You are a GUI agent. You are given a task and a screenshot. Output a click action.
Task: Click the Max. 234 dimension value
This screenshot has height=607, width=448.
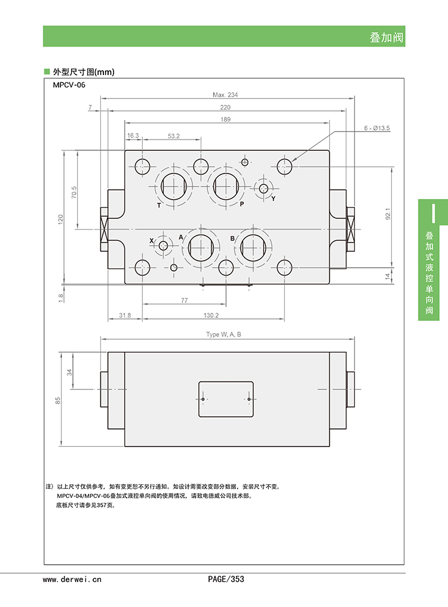click(x=225, y=95)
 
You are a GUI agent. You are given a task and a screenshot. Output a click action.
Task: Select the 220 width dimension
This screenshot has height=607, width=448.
click(x=225, y=107)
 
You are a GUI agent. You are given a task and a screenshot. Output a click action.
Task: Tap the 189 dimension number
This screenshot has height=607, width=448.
click(x=225, y=120)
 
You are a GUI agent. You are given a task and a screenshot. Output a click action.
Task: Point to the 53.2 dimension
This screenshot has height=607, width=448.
click(x=174, y=136)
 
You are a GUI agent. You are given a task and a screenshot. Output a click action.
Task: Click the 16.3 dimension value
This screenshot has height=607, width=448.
click(x=133, y=136)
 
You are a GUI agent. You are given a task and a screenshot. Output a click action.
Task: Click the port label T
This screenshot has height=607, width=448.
click(x=159, y=205)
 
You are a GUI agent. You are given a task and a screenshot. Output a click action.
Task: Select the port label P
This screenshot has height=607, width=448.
click(x=242, y=204)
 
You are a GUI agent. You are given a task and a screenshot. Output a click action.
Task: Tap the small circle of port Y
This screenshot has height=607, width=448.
click(x=263, y=188)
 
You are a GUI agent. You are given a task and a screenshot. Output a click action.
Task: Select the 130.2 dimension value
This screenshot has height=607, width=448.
click(x=211, y=315)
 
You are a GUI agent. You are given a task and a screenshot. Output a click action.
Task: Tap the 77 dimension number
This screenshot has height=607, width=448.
click(x=184, y=301)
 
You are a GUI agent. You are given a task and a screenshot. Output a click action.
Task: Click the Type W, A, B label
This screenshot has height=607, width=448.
click(x=224, y=335)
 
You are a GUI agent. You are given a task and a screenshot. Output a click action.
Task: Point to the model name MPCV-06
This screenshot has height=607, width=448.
click(x=69, y=85)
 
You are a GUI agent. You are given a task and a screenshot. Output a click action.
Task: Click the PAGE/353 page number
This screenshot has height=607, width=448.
click(x=226, y=579)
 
